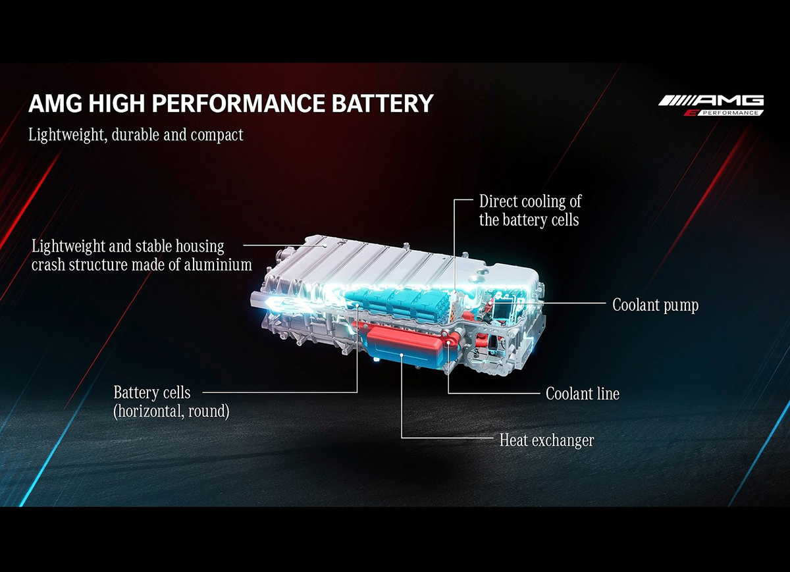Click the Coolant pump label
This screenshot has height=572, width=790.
(655, 305)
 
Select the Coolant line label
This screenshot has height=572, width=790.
(583, 394)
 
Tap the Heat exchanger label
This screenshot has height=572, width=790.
(546, 440)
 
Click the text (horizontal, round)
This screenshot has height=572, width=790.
(171, 412)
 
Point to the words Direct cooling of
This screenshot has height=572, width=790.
(530, 201)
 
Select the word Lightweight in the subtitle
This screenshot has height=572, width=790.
(59, 136)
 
